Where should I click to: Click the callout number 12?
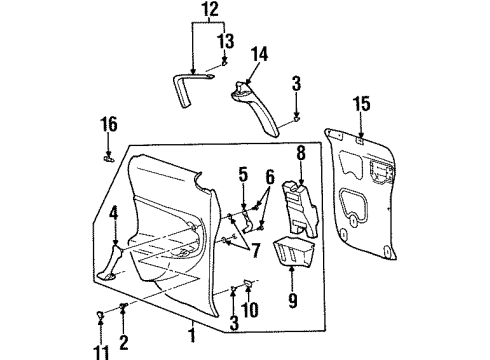point(208,11)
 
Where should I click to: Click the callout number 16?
point(109,124)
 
